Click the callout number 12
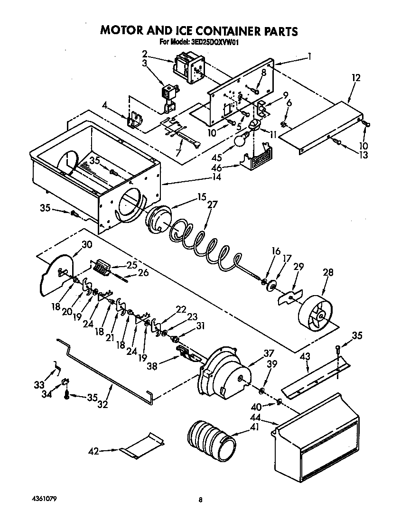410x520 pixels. (x=356, y=77)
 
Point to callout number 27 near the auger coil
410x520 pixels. (x=212, y=205)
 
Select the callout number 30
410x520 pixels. (x=87, y=245)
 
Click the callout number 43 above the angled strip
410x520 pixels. (x=306, y=356)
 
